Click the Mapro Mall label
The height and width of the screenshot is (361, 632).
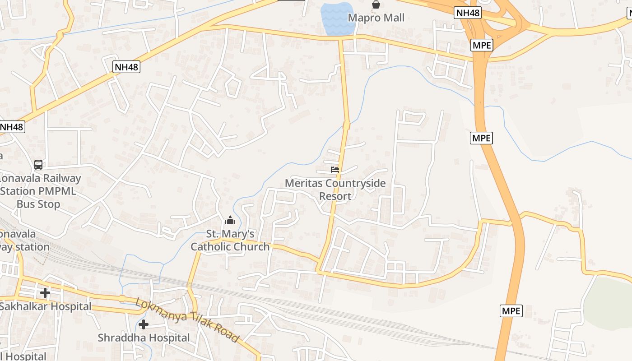point(376,18)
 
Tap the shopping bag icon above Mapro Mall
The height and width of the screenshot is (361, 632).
point(376,5)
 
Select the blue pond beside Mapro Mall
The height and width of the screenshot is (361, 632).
point(337,19)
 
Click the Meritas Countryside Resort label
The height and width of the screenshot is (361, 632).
point(335,190)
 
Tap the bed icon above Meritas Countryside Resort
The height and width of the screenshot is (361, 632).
point(335,170)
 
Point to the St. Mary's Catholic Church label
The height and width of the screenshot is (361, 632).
point(230,240)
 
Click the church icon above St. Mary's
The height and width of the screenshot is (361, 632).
point(230,221)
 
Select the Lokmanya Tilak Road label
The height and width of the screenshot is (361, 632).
point(187,320)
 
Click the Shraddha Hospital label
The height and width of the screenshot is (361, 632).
point(144,338)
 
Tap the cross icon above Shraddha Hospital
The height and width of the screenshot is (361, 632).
point(144,324)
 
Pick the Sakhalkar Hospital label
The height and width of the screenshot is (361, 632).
point(45,306)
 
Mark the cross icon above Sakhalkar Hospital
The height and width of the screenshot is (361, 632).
point(45,293)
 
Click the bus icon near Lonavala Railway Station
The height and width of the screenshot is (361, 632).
point(38,165)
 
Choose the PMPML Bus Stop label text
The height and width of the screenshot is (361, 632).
point(38,191)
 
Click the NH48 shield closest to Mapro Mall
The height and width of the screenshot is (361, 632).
point(467,13)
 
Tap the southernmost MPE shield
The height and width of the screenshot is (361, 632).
point(511,311)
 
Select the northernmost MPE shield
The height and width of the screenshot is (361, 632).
point(481,45)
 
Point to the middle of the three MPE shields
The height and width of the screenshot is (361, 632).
point(481,138)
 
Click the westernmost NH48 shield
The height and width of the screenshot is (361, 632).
point(11,127)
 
